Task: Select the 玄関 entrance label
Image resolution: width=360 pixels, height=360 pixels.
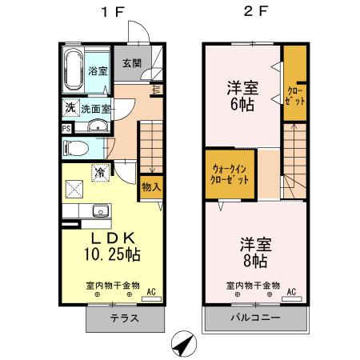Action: (132, 63)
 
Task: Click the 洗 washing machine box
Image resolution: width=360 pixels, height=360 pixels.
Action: (70, 108)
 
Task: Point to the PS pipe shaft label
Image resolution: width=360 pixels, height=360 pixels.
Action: (66, 127)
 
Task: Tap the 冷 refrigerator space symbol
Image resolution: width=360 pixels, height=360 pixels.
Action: (101, 172)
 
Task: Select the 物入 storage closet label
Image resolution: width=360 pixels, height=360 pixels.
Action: (150, 186)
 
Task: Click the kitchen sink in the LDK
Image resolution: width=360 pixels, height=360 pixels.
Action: (100, 211)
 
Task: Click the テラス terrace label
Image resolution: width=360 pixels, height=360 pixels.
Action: (124, 318)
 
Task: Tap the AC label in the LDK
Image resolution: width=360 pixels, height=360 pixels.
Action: (150, 292)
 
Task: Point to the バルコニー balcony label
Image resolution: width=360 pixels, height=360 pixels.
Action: (256, 318)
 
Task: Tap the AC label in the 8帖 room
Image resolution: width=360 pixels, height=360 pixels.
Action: (292, 291)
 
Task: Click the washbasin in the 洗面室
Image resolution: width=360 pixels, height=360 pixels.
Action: (98, 125)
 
